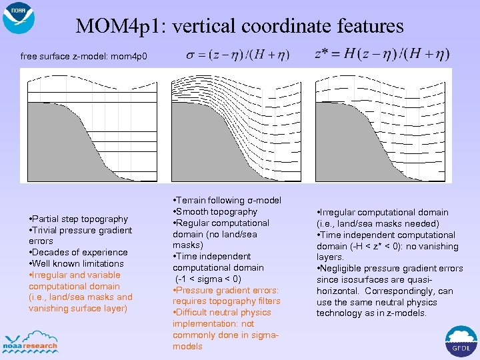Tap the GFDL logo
tap(461, 342)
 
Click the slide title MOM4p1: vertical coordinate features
tap(239, 26)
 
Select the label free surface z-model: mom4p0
tap(88, 56)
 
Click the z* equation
tap(381, 53)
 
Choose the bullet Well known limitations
tap(79, 263)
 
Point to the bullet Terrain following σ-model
tap(227, 200)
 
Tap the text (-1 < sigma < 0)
tap(208, 279)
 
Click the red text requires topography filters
tap(227, 301)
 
